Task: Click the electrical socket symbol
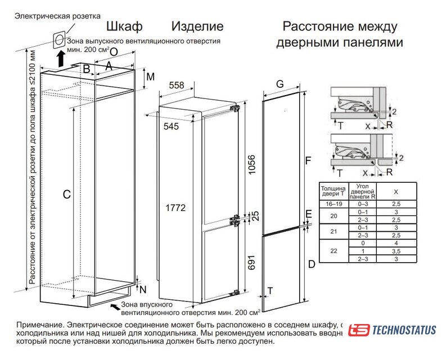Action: pyautogui.click(x=58, y=40)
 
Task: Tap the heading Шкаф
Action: pyautogui.click(x=124, y=26)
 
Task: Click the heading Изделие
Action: pyautogui.click(x=197, y=26)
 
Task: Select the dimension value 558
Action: pyautogui.click(x=177, y=85)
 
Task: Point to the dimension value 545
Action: pyautogui.click(x=171, y=127)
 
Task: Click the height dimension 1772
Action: pyautogui.click(x=175, y=208)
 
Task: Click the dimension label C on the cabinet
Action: pyautogui.click(x=66, y=195)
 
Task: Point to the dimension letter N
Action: pyautogui.click(x=143, y=290)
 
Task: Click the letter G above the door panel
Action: pyautogui.click(x=279, y=84)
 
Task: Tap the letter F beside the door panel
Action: pyautogui.click(x=308, y=161)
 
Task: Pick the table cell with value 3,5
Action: pyautogui.click(x=395, y=251)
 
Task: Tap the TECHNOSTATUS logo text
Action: pyautogui.click(x=404, y=330)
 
